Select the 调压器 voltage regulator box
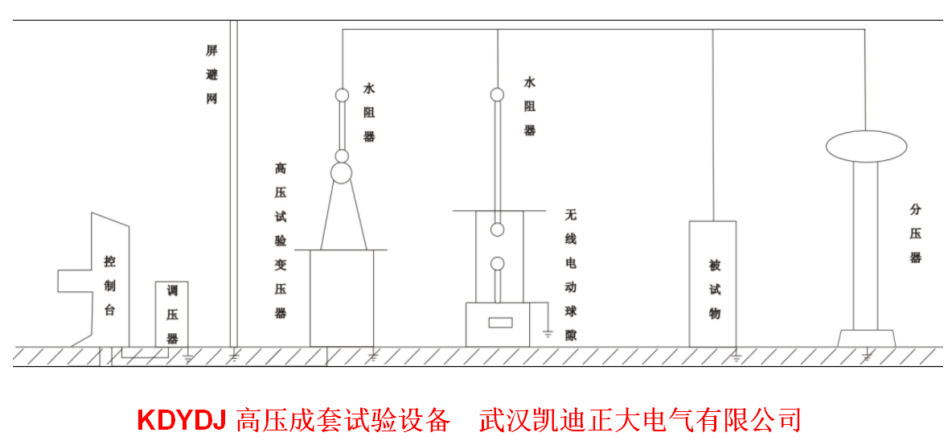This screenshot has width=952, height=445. (171, 315)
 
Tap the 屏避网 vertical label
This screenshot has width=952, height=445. (211, 75)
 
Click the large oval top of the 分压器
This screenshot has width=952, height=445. (866, 146)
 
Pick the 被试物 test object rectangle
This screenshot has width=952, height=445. (712, 283)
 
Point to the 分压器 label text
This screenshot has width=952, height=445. (915, 233)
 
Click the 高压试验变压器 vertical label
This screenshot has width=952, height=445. (280, 241)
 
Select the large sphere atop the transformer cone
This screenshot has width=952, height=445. (342, 172)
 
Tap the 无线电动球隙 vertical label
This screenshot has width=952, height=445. (571, 274)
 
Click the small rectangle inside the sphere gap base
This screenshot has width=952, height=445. (500, 323)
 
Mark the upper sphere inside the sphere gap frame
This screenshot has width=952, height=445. (498, 230)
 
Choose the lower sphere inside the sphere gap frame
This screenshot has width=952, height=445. (498, 263)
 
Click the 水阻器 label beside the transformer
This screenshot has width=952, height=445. (369, 112)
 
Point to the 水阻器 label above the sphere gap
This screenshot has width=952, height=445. (530, 105)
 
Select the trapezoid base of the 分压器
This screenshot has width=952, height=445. (866, 339)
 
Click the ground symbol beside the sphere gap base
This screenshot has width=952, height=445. (548, 332)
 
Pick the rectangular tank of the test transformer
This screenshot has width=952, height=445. (343, 298)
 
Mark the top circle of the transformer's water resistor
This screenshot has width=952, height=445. (342, 95)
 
